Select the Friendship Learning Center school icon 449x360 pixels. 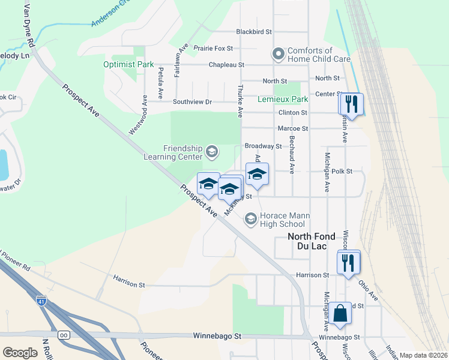click(211, 151)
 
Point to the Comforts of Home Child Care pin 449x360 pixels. click(278, 55)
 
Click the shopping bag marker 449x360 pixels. click(340, 313)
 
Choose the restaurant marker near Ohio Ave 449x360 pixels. click(348, 262)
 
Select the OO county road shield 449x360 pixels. click(63, 335)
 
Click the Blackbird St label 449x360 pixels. click(254, 31)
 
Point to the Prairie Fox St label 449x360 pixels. click(213, 48)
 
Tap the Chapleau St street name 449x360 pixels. click(226, 64)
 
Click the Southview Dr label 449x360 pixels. click(192, 102)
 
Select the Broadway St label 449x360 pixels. click(263, 146)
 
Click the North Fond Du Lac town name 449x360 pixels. click(311, 241)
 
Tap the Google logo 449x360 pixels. click(20, 353)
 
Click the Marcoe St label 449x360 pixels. click(293, 128)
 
